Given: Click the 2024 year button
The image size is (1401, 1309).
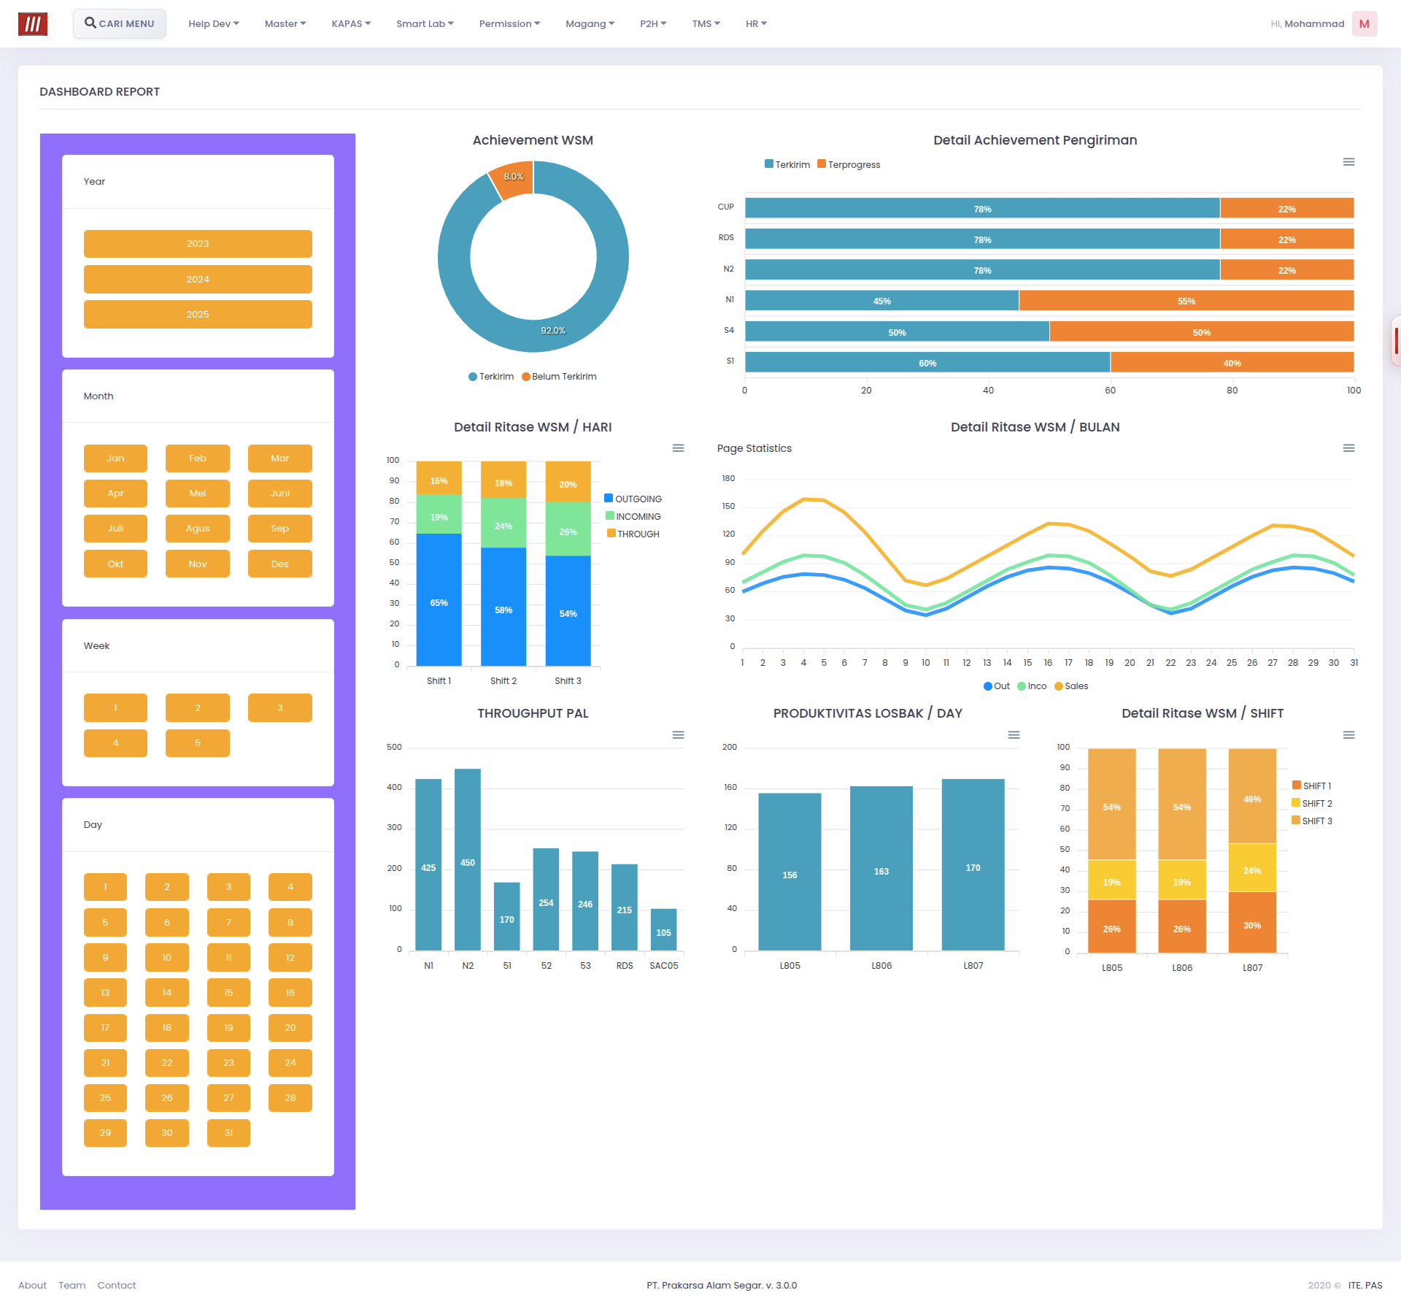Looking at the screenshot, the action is point(198,279).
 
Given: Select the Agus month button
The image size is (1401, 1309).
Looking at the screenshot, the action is point(198,528).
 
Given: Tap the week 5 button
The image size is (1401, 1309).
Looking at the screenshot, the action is point(198,742).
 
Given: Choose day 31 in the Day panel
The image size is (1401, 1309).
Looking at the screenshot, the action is point(228,1132).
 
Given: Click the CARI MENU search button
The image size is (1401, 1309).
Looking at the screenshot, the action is point(120,23).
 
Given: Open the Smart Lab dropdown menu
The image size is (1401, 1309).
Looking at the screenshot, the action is point(425,23).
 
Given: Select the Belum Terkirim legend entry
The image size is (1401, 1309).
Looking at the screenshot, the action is point(559,377).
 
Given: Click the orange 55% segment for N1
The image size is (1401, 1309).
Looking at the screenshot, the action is point(1186,301).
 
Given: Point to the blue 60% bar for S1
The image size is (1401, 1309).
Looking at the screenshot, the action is point(927,363).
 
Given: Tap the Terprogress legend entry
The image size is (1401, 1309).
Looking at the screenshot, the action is point(849,164).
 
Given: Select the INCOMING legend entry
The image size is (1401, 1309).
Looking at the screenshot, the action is point(633,516).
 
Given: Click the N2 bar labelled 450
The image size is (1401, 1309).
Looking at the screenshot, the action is point(468,859).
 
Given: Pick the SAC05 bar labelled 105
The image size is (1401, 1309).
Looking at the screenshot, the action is point(663,929).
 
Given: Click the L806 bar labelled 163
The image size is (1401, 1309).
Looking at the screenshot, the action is point(881,868).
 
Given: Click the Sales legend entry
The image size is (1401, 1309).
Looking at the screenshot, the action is point(1071,686).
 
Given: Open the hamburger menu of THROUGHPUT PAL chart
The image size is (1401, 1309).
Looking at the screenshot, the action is point(678,734).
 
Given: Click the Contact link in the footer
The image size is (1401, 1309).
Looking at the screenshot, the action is point(117,1285).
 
